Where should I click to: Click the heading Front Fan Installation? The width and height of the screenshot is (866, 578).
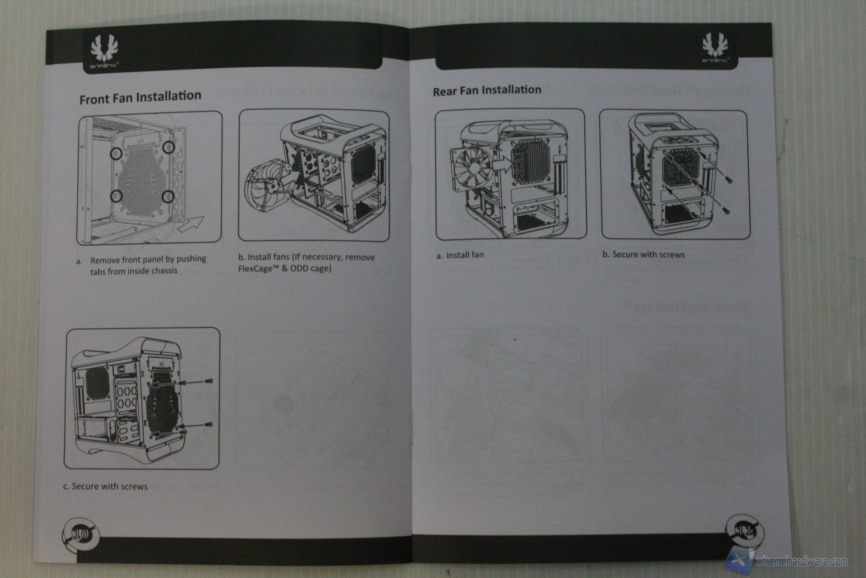click(x=140, y=97)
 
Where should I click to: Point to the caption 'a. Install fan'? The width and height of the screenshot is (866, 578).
click(x=460, y=255)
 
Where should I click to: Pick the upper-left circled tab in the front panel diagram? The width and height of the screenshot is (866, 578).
click(x=116, y=154)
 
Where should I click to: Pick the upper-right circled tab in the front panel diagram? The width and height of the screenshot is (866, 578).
click(x=169, y=147)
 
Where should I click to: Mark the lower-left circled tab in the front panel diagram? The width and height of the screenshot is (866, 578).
click(x=116, y=196)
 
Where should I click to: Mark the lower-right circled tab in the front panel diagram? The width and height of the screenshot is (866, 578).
click(x=168, y=196)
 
